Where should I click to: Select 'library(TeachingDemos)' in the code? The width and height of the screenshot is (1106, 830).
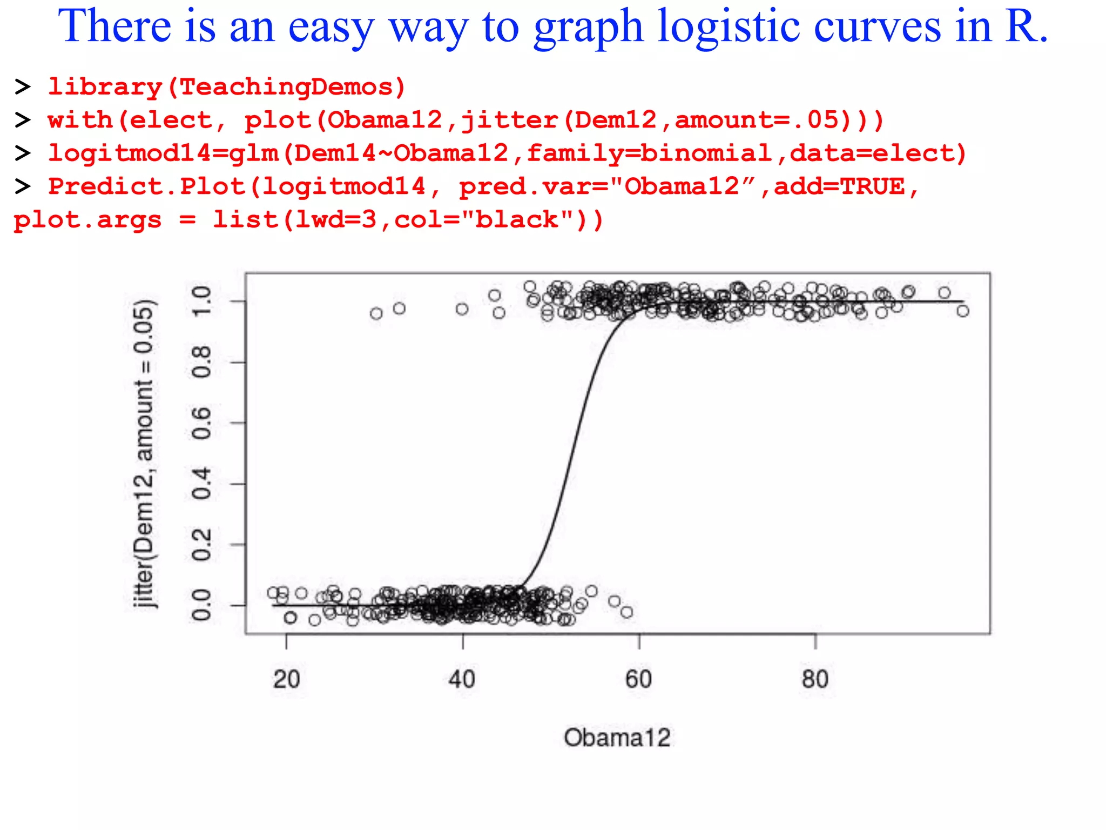click(x=227, y=87)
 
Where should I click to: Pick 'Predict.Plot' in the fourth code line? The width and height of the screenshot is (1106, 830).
click(x=146, y=187)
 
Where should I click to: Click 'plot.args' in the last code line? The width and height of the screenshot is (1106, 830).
click(x=87, y=220)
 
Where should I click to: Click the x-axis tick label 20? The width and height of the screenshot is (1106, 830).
click(x=286, y=679)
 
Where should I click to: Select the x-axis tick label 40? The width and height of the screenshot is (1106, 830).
click(x=462, y=679)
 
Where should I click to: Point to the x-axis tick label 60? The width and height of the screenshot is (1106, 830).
click(x=639, y=679)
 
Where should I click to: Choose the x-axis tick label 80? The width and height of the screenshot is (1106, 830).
click(x=815, y=679)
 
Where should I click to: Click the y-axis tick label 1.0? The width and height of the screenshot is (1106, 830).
click(x=201, y=301)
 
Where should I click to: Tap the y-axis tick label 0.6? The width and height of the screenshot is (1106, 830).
click(x=201, y=423)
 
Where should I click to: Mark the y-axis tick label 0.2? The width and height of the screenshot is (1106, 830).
click(x=201, y=545)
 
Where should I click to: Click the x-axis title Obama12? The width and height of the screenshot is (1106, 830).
click(x=617, y=738)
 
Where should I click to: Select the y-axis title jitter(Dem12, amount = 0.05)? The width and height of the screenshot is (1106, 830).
click(x=145, y=454)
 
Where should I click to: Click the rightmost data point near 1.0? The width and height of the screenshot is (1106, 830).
click(x=963, y=311)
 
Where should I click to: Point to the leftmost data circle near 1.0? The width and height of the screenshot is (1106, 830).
click(x=376, y=313)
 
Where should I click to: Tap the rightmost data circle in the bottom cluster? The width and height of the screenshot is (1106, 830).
click(x=626, y=612)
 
